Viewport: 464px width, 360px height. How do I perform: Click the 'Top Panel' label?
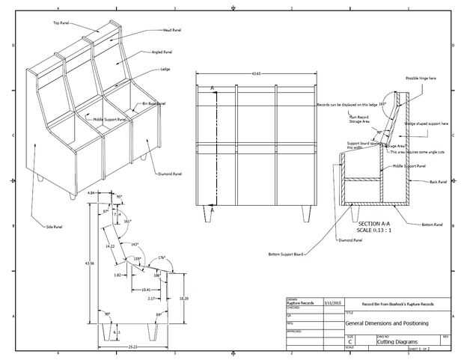click(x=61, y=23)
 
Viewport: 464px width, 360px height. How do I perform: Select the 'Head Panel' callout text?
click(x=171, y=31)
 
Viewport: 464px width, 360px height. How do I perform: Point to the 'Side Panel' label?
click(x=55, y=226)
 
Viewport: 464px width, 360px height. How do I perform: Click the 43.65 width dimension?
click(x=256, y=73)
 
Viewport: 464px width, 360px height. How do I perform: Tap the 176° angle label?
click(x=161, y=257)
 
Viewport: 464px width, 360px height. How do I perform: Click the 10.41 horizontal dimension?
click(x=146, y=289)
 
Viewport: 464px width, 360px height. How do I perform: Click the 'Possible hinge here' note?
click(x=421, y=78)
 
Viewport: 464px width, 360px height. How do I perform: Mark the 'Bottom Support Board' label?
click(x=285, y=254)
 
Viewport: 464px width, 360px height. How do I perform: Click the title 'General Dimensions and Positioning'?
click(x=386, y=323)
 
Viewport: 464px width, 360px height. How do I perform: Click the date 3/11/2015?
click(x=332, y=303)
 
